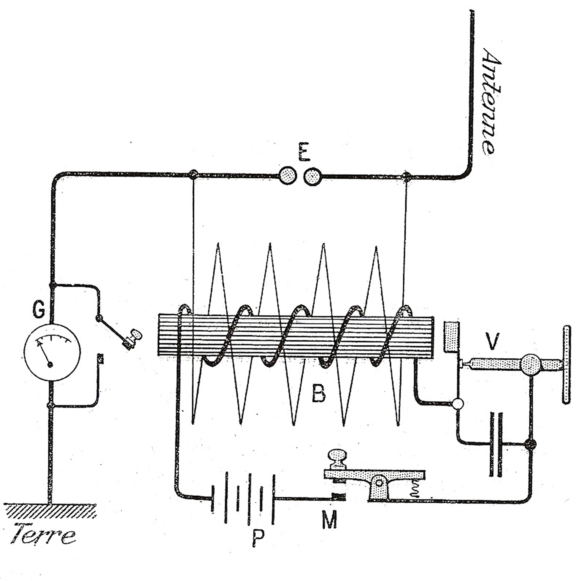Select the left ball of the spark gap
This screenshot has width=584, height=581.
(287, 176)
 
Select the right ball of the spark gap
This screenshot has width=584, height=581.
(313, 176)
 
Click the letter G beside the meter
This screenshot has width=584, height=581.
(40, 310)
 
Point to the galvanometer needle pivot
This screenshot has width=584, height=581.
(50, 365)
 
